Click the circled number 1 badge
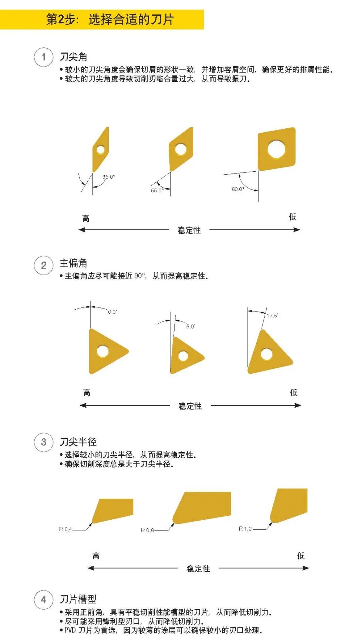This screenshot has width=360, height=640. (x=44, y=57)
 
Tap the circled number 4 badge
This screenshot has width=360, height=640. (x=44, y=600)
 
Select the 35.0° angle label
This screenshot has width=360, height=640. (x=108, y=177)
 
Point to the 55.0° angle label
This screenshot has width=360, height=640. (x=157, y=191)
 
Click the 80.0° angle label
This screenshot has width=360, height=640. (x=238, y=189)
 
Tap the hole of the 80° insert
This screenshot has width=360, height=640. (x=276, y=149)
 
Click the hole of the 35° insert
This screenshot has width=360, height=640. (x=100, y=150)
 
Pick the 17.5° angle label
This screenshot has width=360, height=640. (x=272, y=316)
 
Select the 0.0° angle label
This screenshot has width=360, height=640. (x=112, y=312)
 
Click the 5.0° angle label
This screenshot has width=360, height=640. (x=191, y=326)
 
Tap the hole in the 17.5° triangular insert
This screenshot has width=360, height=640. (x=266, y=354)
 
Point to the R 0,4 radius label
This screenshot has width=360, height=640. (x=65, y=529)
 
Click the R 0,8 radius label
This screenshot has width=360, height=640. (x=147, y=530)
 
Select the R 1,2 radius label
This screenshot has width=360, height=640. (x=245, y=529)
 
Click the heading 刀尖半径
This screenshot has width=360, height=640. (x=78, y=442)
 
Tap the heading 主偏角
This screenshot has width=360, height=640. (x=73, y=263)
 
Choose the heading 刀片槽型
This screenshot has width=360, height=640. (x=78, y=599)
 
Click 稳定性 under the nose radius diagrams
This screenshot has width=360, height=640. (x=198, y=569)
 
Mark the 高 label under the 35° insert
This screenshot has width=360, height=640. (x=86, y=219)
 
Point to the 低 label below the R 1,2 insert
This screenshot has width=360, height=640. (x=301, y=556)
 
